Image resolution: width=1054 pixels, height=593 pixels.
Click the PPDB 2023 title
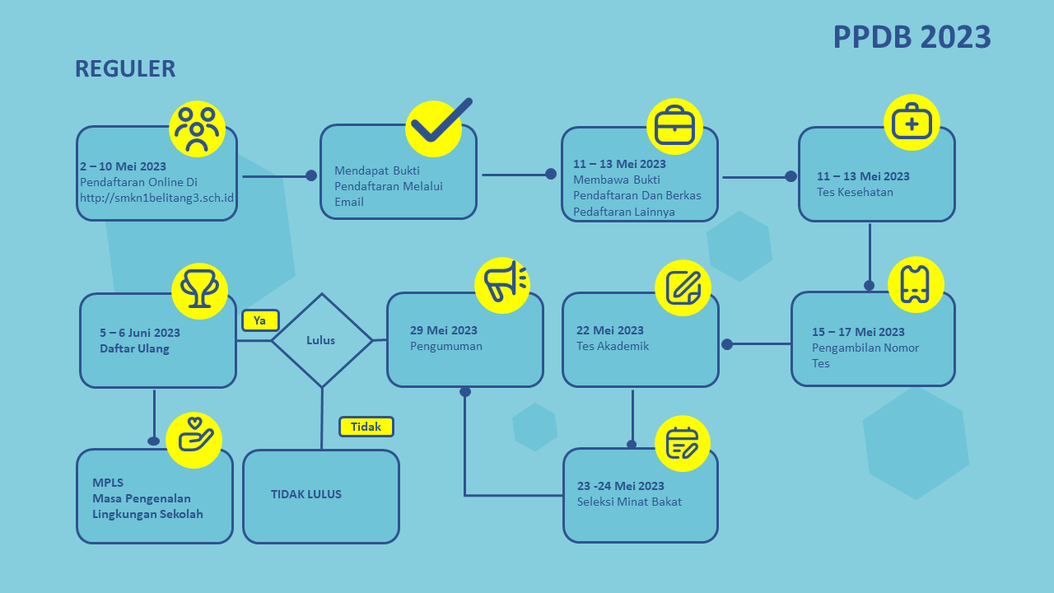click(x=912, y=37)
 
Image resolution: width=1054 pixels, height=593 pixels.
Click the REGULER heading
click(x=125, y=68)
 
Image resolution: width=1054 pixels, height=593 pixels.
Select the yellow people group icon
click(x=197, y=128)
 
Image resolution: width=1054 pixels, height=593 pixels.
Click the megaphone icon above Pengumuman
click(x=502, y=284)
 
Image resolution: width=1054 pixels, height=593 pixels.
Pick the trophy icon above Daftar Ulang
click(x=199, y=291)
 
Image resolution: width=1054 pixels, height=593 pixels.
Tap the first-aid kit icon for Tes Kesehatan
click(x=912, y=122)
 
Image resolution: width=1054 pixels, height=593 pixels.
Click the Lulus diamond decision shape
click(x=322, y=340)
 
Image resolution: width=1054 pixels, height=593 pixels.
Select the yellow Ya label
click(x=260, y=320)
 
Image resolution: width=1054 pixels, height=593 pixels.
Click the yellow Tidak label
click(x=366, y=427)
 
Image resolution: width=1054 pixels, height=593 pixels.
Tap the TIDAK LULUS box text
click(x=306, y=494)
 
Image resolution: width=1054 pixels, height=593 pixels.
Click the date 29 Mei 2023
click(x=444, y=330)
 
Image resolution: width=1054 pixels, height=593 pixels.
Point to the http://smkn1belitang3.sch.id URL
click(x=157, y=198)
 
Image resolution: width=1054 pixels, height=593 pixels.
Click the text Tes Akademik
click(x=613, y=346)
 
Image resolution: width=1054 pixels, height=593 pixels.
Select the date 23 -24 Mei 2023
click(x=621, y=486)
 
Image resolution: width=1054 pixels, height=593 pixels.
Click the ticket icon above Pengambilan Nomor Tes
click(x=916, y=284)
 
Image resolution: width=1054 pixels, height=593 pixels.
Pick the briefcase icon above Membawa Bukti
click(x=674, y=126)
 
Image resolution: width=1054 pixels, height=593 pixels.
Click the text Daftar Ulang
click(x=134, y=348)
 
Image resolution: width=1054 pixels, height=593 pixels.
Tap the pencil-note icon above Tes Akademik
click(x=683, y=287)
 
